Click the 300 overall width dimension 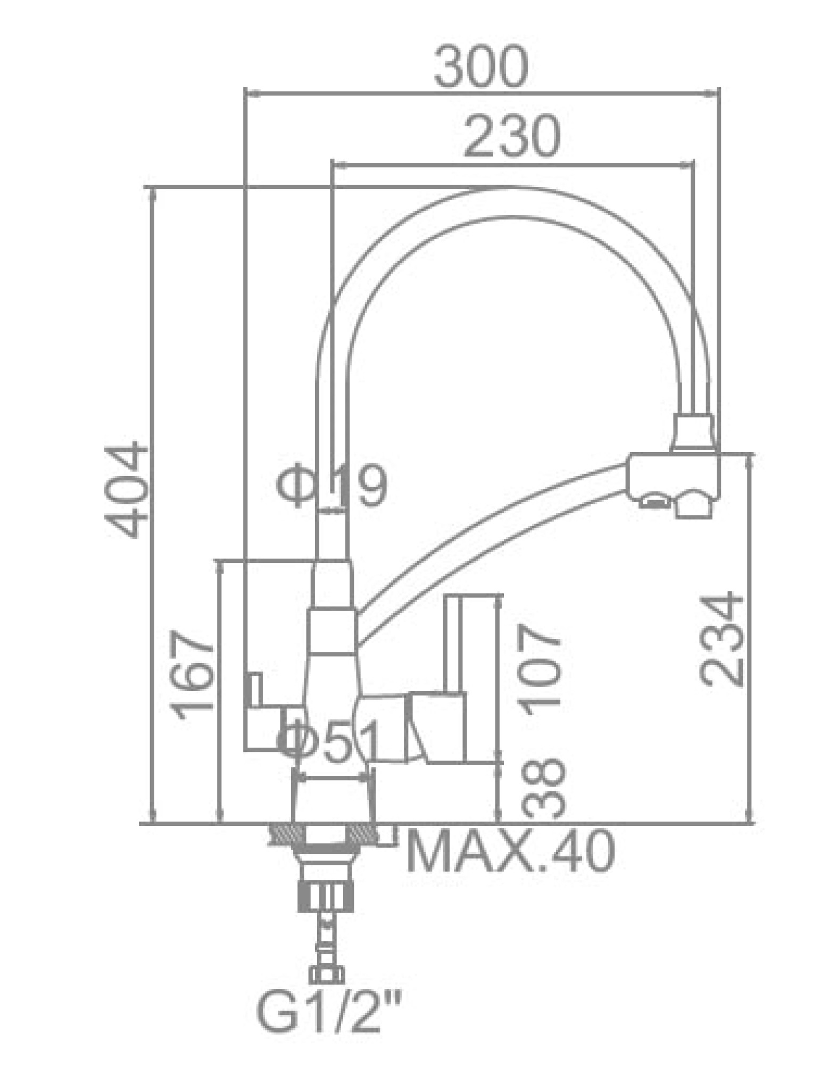tap(480, 68)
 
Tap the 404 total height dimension tap(127, 488)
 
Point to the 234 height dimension tap(722, 640)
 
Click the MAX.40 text tap(510, 853)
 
